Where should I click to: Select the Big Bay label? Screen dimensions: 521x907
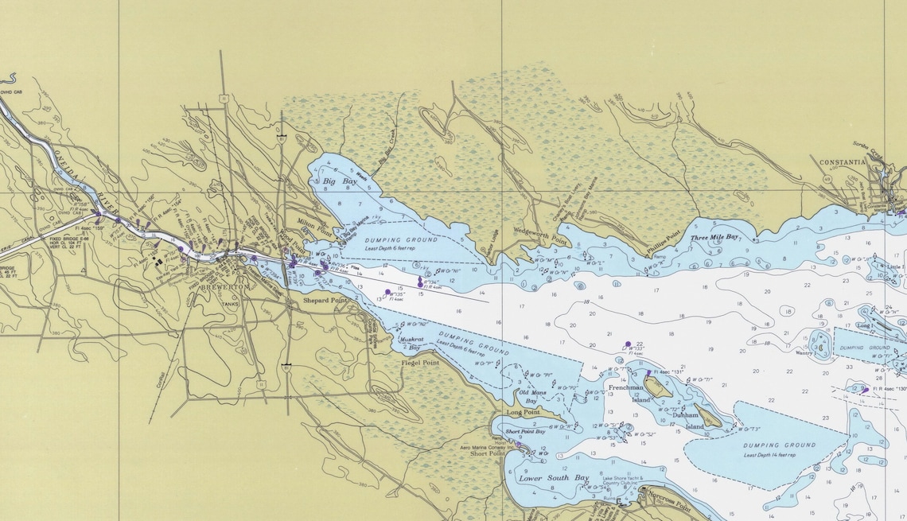[x=340, y=182]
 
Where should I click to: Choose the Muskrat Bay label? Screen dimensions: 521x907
[x=411, y=343]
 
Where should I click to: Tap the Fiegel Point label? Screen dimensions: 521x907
[x=419, y=363]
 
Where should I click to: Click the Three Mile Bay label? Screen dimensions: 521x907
[x=714, y=237]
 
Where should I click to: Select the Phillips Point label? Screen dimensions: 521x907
[x=664, y=243]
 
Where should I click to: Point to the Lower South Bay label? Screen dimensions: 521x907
[x=554, y=478]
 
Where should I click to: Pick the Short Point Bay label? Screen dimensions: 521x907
[x=526, y=431]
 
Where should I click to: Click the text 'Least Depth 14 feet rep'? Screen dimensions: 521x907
[x=769, y=455]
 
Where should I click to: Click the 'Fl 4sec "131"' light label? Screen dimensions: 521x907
[x=668, y=372]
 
